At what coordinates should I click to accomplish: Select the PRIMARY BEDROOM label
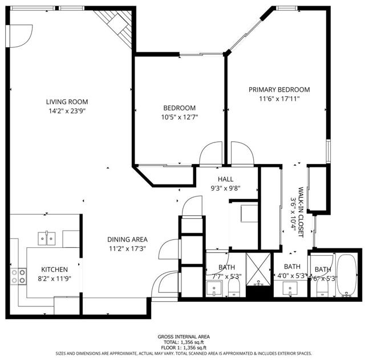[279, 89]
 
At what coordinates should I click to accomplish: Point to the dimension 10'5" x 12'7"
[180, 117]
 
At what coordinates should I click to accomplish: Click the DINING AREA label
[128, 239]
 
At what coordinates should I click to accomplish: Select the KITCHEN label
[54, 269]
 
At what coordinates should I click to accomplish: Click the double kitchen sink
[47, 237]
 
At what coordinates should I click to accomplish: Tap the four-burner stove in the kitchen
[18, 276]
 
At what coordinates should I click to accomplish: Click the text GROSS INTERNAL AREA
[182, 337]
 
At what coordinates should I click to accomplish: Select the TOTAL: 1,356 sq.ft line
[182, 342]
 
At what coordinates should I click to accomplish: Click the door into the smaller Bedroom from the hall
[209, 153]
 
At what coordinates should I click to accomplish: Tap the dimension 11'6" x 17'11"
[279, 99]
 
